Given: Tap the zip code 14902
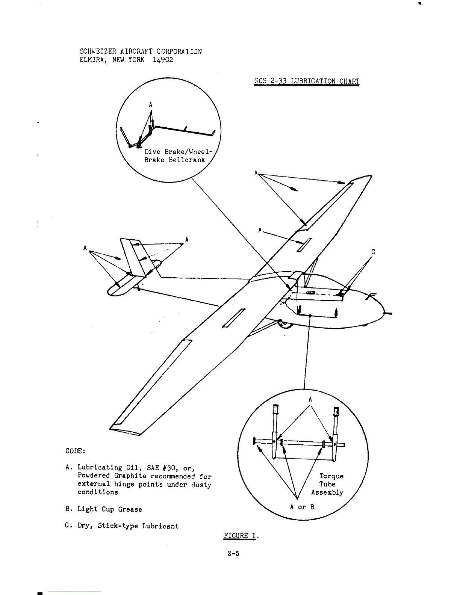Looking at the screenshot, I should [x=163, y=60].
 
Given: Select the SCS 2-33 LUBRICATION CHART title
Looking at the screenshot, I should [x=307, y=81].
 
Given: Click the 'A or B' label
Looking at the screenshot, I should [x=302, y=507].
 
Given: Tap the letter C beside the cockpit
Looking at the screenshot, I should [x=373, y=252].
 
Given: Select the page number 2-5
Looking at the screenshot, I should [x=233, y=553].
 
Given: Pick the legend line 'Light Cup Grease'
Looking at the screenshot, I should [x=110, y=509].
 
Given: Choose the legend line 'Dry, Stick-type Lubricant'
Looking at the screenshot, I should [x=128, y=526].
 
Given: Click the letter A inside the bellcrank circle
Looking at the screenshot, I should [x=150, y=105].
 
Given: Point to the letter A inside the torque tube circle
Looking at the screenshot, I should [x=310, y=399].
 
